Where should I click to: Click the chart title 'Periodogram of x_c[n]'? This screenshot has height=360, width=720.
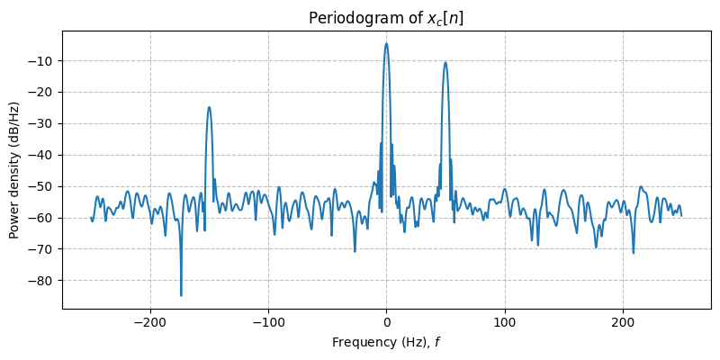pyautogui.click(x=386, y=19)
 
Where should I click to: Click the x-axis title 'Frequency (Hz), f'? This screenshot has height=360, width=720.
pyautogui.click(x=386, y=342)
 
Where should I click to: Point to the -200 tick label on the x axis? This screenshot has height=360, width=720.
pyautogui.click(x=150, y=321)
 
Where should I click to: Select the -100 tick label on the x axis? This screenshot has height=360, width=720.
pyautogui.click(x=268, y=321)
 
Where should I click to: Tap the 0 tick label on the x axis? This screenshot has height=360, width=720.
pyautogui.click(x=386, y=321)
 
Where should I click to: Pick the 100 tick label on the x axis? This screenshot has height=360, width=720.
pyautogui.click(x=505, y=321)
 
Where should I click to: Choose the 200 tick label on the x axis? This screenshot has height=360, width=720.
pyautogui.click(x=623, y=321)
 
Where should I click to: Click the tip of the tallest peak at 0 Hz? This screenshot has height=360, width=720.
pyautogui.click(x=386, y=43)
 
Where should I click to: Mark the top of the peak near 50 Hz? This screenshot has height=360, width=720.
pyautogui.click(x=445, y=62)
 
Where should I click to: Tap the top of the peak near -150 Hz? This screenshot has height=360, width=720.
pyautogui.click(x=209, y=107)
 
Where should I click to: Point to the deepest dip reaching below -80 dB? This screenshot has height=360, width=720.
pyautogui.click(x=181, y=295)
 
